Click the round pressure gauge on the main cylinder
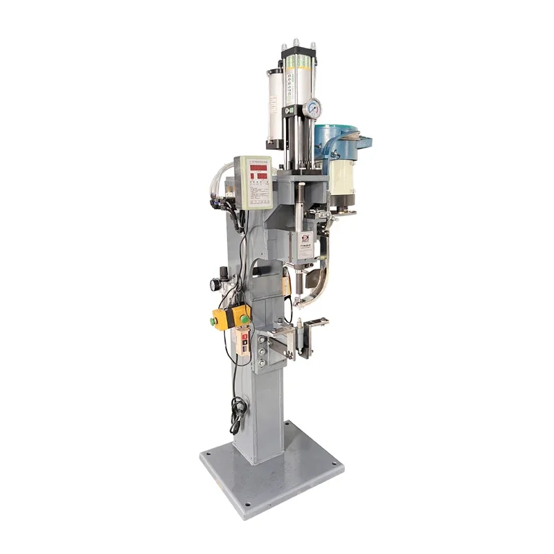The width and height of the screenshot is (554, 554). [314, 107]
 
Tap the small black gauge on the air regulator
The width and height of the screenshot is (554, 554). [216, 284]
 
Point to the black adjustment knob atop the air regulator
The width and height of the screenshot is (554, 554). [223, 271]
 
